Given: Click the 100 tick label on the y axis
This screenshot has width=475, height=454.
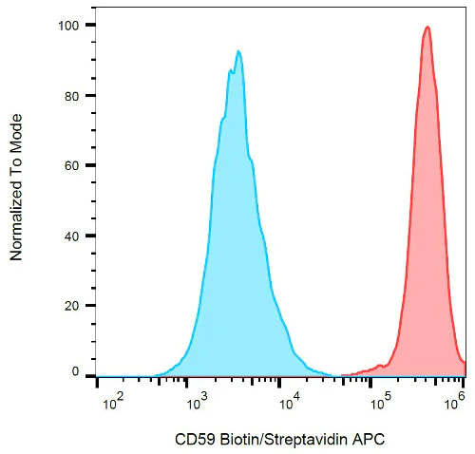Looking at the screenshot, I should tap(71, 25).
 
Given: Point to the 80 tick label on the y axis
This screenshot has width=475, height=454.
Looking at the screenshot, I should tap(75, 95).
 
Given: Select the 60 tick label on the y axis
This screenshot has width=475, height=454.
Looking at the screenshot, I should tap(75, 165).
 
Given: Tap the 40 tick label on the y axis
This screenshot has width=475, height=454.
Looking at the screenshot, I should tap(75, 236).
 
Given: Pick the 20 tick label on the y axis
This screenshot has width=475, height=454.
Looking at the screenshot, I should tap(75, 306).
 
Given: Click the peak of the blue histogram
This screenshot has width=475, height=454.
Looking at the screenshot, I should tap(238, 51).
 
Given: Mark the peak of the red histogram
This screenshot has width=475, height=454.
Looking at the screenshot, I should tap(427, 27).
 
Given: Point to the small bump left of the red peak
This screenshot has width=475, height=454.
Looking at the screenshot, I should tap(381, 365).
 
